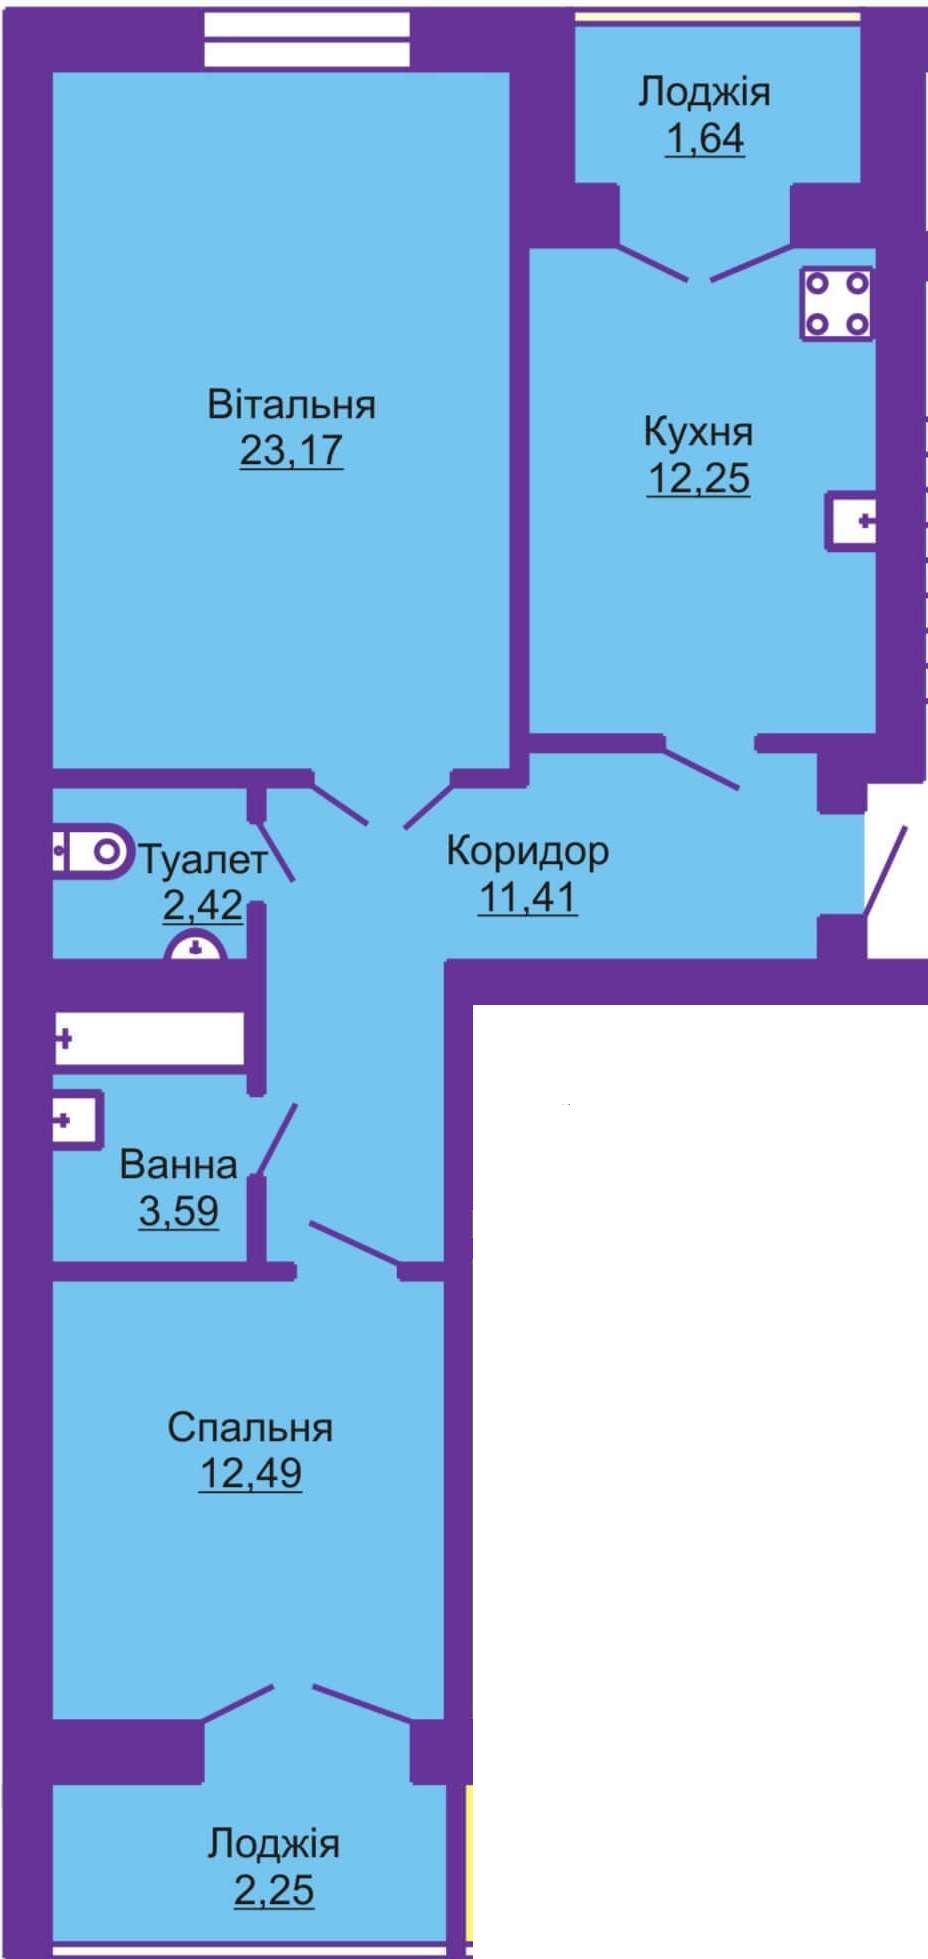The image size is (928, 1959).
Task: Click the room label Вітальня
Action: tap(291, 405)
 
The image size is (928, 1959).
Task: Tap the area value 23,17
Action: tap(291, 450)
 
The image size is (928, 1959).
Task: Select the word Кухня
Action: tap(698, 432)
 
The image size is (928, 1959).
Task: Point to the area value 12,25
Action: tap(698, 478)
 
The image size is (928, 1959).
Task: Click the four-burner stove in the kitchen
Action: tap(837, 303)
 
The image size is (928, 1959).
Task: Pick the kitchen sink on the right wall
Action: tap(850, 521)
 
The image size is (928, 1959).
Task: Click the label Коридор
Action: tap(527, 851)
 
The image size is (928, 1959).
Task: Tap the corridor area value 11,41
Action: tap(527, 897)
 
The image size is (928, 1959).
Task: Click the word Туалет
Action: tap(203, 859)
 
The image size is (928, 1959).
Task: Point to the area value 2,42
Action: tap(203, 905)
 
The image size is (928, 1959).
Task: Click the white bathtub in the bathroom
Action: tap(149, 1039)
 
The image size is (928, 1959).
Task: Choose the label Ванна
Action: tap(178, 1165)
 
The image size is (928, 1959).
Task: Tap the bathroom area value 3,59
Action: tap(178, 1211)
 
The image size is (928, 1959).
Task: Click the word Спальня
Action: tap(250, 1428)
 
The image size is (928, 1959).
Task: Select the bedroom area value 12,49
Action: tap(250, 1474)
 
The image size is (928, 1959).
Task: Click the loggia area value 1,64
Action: tap(705, 138)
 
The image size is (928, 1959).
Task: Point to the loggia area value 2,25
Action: tap(274, 1891)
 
